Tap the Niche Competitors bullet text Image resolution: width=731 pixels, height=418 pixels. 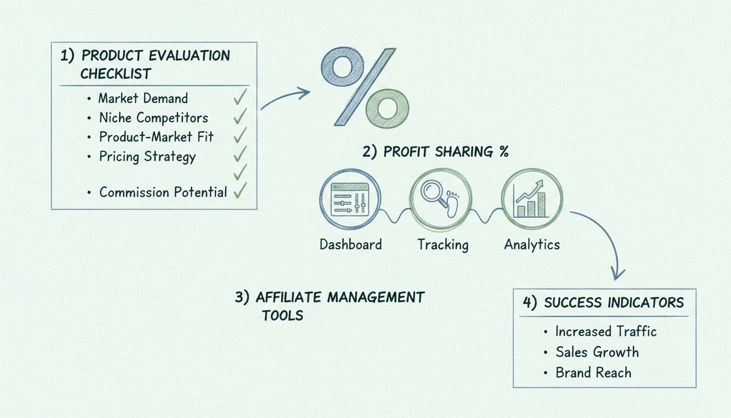click(153, 118)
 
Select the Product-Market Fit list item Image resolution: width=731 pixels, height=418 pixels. click(156, 137)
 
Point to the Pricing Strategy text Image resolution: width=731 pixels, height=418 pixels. click(147, 157)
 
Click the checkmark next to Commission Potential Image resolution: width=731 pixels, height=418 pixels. click(239, 190)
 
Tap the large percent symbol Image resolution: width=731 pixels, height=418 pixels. click(365, 88)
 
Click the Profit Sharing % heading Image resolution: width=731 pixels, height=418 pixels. click(436, 152)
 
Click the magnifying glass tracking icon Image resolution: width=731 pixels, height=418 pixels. click(441, 196)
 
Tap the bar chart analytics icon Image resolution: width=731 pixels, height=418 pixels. click(532, 196)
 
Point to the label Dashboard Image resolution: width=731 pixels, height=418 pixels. click(350, 244)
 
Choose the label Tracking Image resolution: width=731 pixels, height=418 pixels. click(443, 245)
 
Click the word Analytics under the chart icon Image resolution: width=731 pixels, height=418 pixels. click(532, 245)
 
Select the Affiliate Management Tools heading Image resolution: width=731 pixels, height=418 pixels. click(330, 306)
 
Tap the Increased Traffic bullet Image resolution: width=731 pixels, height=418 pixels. click(606, 331)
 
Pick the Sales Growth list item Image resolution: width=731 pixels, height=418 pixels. click(597, 352)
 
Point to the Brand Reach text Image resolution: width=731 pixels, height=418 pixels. click(593, 373)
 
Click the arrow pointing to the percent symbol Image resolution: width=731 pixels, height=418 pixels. click(286, 98)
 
